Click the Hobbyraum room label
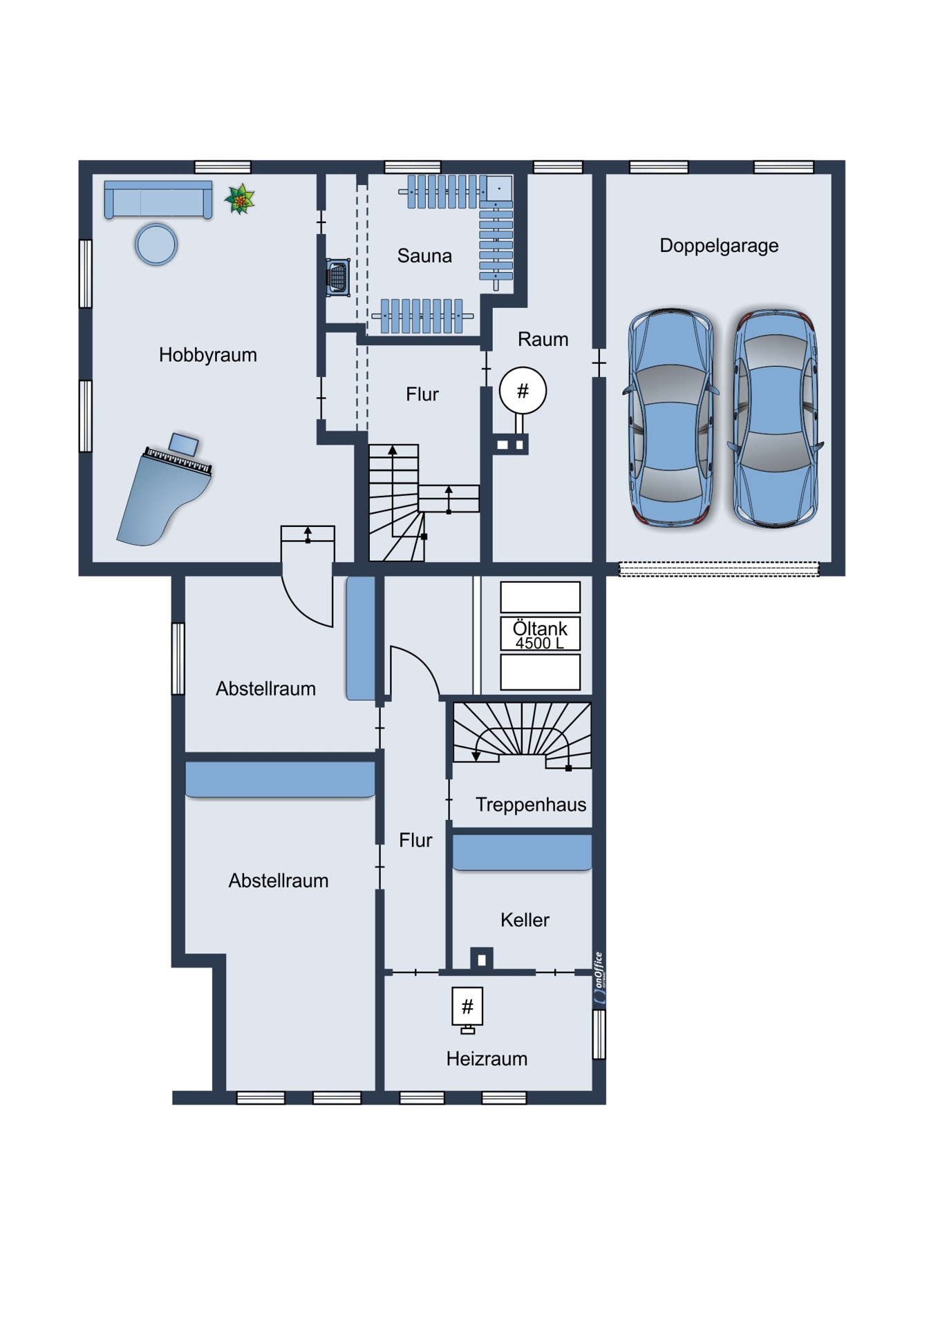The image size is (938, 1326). click(x=207, y=355)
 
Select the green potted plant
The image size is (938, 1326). click(x=240, y=200)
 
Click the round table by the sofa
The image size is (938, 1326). click(x=156, y=244)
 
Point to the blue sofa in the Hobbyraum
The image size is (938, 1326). click(x=158, y=200)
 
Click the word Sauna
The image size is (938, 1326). click(x=424, y=256)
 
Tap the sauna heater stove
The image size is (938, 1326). click(x=338, y=278)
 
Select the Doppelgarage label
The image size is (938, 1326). click(x=719, y=246)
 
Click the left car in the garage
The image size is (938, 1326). click(x=670, y=418)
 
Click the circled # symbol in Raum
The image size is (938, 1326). click(x=523, y=391)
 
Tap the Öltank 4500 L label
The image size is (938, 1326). click(x=541, y=635)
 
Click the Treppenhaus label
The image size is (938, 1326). click(x=531, y=805)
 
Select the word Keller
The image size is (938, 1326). click(x=525, y=920)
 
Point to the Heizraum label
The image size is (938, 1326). click(x=487, y=1059)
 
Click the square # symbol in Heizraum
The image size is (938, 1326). click(x=467, y=1007)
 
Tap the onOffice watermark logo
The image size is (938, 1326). click(x=599, y=977)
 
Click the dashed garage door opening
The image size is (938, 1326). click(x=719, y=569)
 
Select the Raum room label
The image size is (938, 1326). click(x=543, y=339)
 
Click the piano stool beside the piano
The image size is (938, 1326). click(x=184, y=443)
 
